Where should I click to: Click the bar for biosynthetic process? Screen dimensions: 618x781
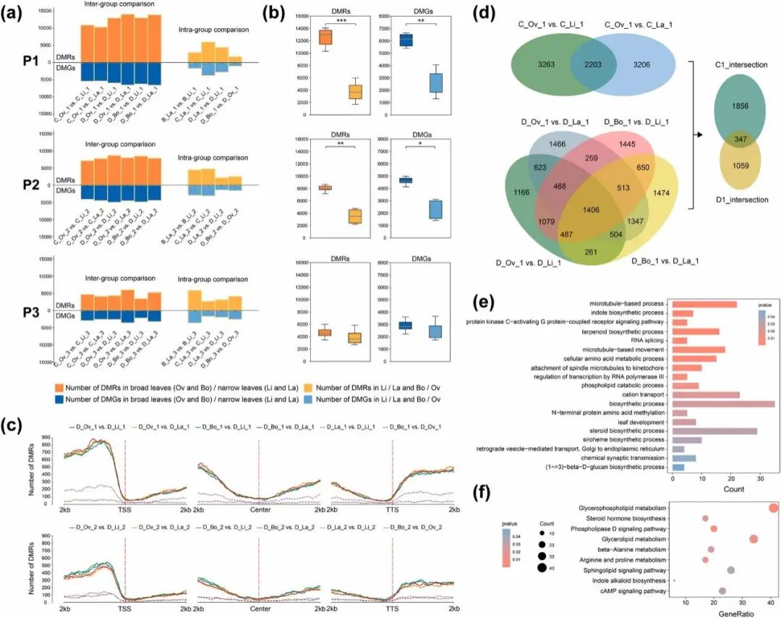(723, 403)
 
